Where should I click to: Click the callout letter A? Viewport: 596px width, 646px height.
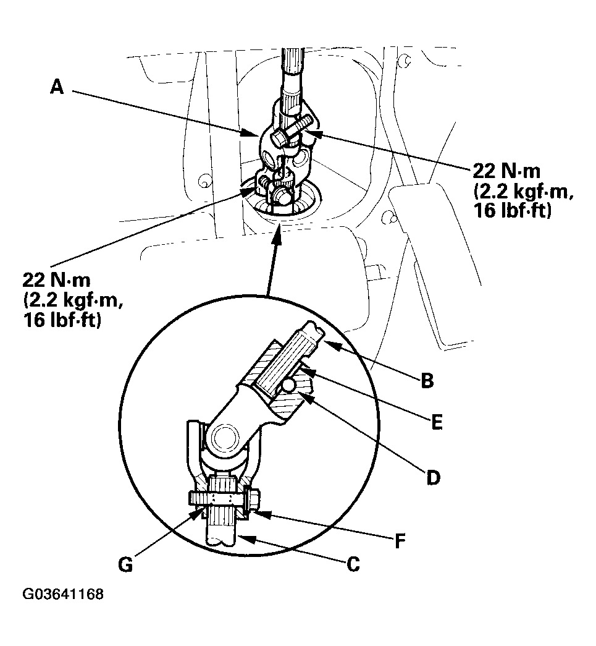point(57,88)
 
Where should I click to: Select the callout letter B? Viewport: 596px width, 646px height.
point(426,380)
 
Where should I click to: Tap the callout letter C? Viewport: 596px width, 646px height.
point(353,564)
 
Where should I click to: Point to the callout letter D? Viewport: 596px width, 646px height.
point(433,478)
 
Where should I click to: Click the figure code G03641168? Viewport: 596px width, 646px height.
point(63,595)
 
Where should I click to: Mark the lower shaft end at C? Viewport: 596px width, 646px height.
point(221,535)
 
